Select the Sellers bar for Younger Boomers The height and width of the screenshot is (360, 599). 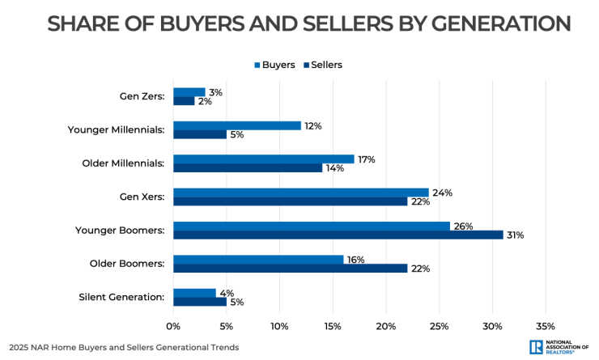338,235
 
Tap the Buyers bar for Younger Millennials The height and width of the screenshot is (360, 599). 237,125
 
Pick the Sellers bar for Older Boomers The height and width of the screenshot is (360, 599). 290,268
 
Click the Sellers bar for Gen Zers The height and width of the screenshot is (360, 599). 184,101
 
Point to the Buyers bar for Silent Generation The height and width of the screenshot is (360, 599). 194,293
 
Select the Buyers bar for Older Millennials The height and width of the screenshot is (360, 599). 264,159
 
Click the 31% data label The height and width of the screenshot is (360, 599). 515,235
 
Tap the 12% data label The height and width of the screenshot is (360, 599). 313,126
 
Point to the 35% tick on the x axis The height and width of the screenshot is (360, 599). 545,326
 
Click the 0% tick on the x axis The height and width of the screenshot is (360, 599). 173,326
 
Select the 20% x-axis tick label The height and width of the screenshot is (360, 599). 385,326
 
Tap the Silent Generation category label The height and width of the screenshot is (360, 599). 126,297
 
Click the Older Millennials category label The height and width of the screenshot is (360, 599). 124,163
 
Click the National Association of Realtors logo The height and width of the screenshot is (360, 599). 559,346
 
